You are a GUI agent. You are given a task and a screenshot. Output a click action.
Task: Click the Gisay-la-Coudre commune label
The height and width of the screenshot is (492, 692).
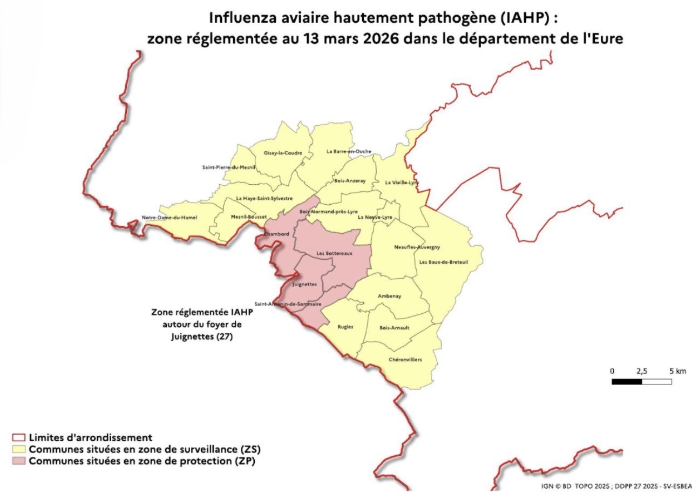[283, 153]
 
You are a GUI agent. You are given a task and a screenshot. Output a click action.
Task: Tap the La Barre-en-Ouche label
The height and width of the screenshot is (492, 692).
[349, 152]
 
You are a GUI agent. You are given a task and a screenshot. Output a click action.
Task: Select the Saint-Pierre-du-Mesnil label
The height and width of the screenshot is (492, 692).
[228, 167]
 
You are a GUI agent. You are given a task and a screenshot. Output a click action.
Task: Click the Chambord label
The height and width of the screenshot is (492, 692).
[276, 234]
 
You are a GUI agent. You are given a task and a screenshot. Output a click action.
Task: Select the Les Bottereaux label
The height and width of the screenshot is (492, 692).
[334, 253]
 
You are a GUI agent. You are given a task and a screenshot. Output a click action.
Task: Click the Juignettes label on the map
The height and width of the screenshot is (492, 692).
[303, 284]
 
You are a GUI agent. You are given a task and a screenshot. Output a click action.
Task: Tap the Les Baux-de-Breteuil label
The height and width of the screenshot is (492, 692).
[443, 262]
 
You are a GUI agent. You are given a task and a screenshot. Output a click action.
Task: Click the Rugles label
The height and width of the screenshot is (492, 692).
[345, 327]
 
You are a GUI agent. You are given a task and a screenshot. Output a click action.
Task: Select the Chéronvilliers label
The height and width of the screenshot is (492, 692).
[405, 360]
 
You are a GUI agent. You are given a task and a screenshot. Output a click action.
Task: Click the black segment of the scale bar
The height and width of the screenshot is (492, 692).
[627, 382]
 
